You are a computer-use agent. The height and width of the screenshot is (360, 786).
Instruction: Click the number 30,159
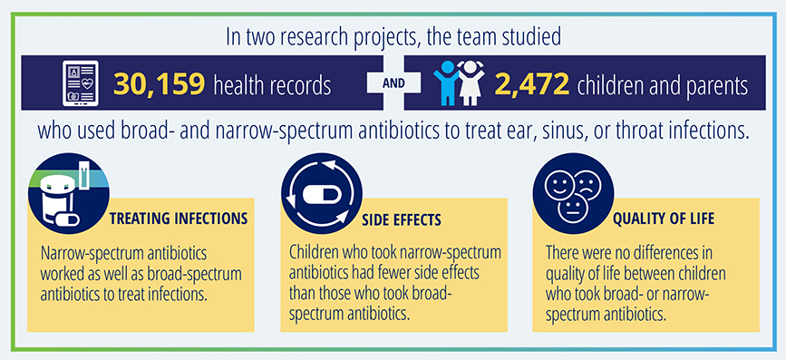tap(159, 84)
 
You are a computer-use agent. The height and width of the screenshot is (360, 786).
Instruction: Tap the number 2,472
tap(532, 84)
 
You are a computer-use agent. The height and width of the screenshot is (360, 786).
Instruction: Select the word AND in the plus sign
tap(394, 83)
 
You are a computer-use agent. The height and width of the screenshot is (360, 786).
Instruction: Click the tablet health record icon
tap(80, 83)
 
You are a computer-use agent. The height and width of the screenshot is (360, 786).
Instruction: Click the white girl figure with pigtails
tap(471, 83)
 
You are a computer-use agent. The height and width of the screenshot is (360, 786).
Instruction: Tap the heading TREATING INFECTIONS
tap(179, 219)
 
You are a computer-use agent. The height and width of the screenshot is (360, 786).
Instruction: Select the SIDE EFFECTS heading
tap(402, 220)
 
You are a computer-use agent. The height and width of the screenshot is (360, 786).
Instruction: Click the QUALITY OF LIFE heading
tap(664, 219)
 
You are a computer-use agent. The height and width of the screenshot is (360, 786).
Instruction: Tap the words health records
tap(273, 85)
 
